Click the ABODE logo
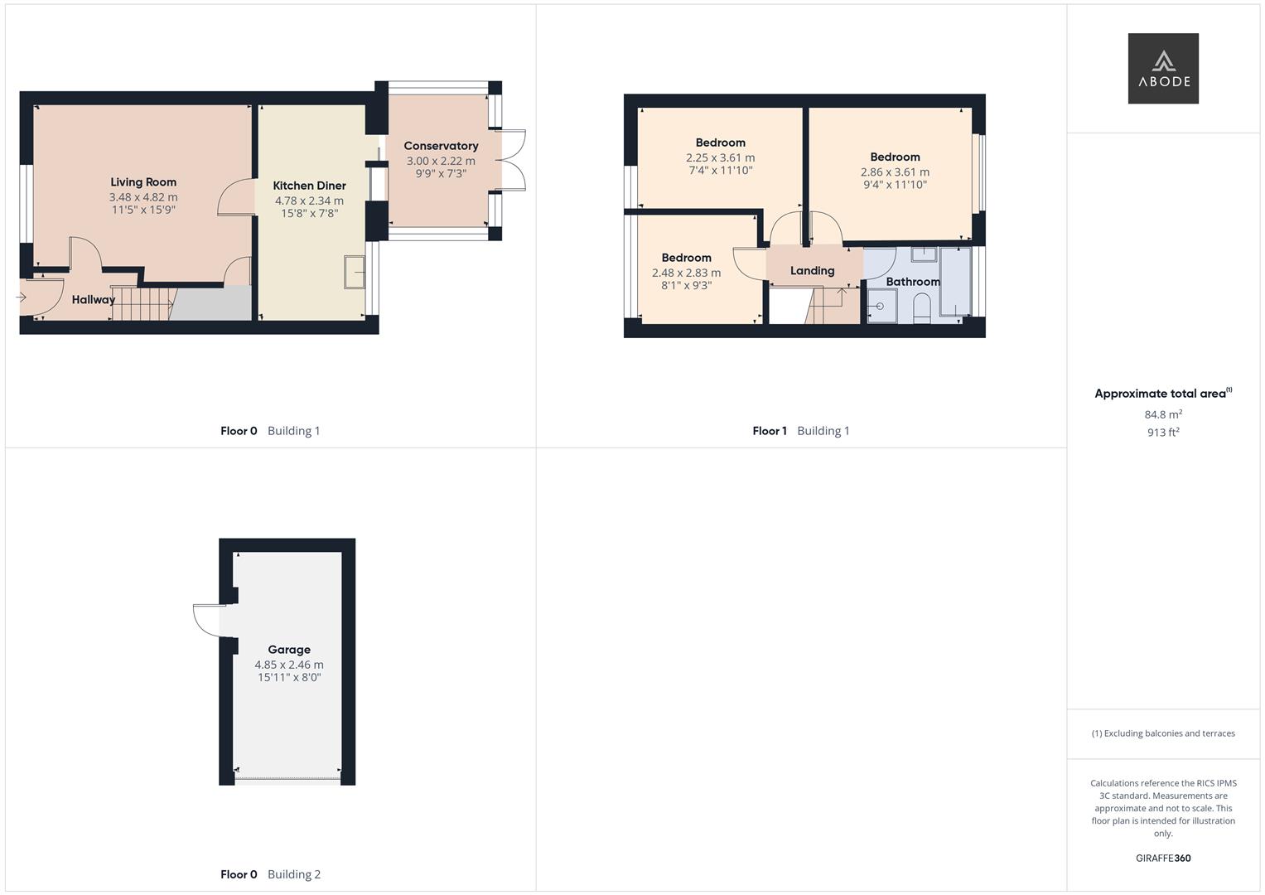(1163, 68)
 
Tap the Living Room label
(143, 182)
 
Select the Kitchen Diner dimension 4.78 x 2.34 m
(309, 201)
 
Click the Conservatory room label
(441, 146)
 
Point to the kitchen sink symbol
(354, 272)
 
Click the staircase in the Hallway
(143, 304)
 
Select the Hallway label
(93, 299)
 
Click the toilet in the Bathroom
(921, 309)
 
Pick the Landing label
(812, 271)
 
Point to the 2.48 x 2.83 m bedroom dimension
(686, 273)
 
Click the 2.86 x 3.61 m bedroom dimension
(895, 172)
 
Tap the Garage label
(289, 650)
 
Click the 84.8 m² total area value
(1163, 414)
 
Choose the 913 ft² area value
(1163, 433)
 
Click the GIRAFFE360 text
(1163, 859)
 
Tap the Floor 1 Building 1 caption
(801, 431)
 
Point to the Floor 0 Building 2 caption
(271, 874)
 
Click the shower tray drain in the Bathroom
(879, 307)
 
